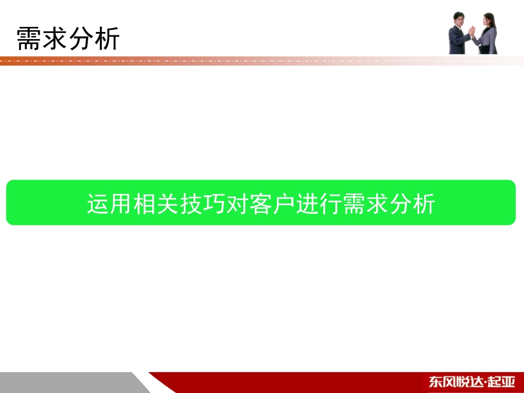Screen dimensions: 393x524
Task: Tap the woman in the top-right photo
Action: [x=488, y=34]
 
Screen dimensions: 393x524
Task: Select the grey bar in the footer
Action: [x=66, y=382]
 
